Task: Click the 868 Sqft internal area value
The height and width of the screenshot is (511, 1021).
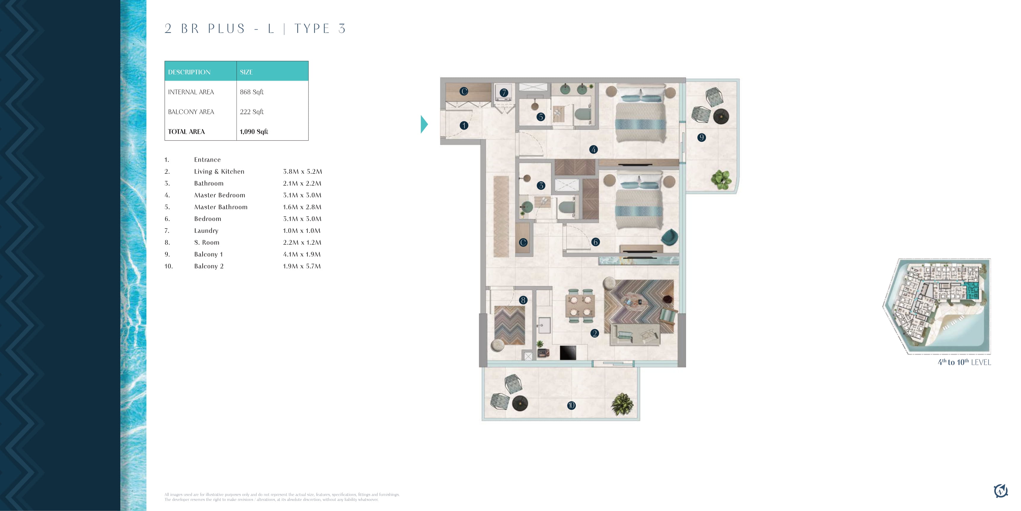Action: pos(252,92)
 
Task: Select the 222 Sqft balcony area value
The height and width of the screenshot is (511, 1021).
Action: pos(252,112)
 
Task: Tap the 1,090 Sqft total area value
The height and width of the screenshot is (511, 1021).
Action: pos(254,132)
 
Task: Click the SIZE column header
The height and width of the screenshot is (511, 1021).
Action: pos(246,72)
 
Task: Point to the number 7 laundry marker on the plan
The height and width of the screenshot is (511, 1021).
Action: pos(504,93)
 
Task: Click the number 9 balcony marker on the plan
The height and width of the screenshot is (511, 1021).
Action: pos(702,138)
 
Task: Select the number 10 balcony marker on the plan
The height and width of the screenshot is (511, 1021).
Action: pos(571,405)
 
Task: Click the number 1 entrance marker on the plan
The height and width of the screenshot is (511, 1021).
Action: pos(464,126)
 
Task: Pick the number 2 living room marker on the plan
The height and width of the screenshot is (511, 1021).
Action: pos(595,333)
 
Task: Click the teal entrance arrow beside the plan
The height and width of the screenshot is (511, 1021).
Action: pos(424,124)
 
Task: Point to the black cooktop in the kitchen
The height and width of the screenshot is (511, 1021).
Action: pos(568,353)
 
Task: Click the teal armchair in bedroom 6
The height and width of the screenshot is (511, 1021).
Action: pos(670,237)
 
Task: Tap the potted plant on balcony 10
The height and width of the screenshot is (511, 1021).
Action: pos(622,404)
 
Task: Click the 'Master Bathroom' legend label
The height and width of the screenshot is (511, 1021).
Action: pos(221,207)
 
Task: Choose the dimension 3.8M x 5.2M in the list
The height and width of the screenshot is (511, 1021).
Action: pos(302,171)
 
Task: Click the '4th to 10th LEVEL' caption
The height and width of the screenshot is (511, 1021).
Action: pos(964,362)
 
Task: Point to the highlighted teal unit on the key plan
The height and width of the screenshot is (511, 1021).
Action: pos(972,290)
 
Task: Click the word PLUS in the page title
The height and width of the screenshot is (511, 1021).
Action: pos(227,28)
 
